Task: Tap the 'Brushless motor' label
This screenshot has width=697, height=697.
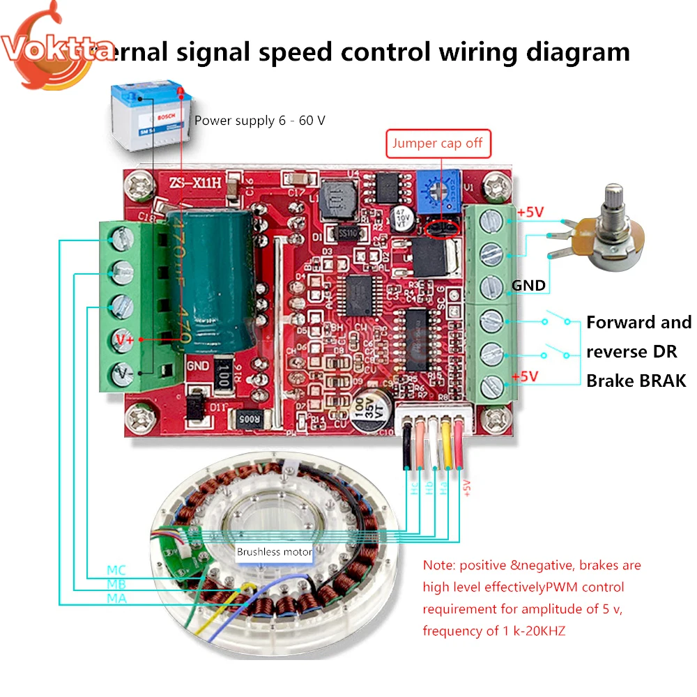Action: pyautogui.click(x=274, y=552)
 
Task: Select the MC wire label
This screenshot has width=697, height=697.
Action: pyautogui.click(x=117, y=570)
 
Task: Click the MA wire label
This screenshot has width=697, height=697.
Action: pyautogui.click(x=116, y=598)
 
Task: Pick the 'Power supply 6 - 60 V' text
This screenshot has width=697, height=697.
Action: pyautogui.click(x=260, y=121)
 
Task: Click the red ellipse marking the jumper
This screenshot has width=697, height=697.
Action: pyautogui.click(x=441, y=227)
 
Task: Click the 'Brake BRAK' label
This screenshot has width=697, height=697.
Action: pyautogui.click(x=636, y=381)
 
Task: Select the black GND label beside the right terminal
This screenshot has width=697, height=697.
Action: pyautogui.click(x=528, y=285)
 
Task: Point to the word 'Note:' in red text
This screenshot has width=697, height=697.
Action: pyautogui.click(x=438, y=565)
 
